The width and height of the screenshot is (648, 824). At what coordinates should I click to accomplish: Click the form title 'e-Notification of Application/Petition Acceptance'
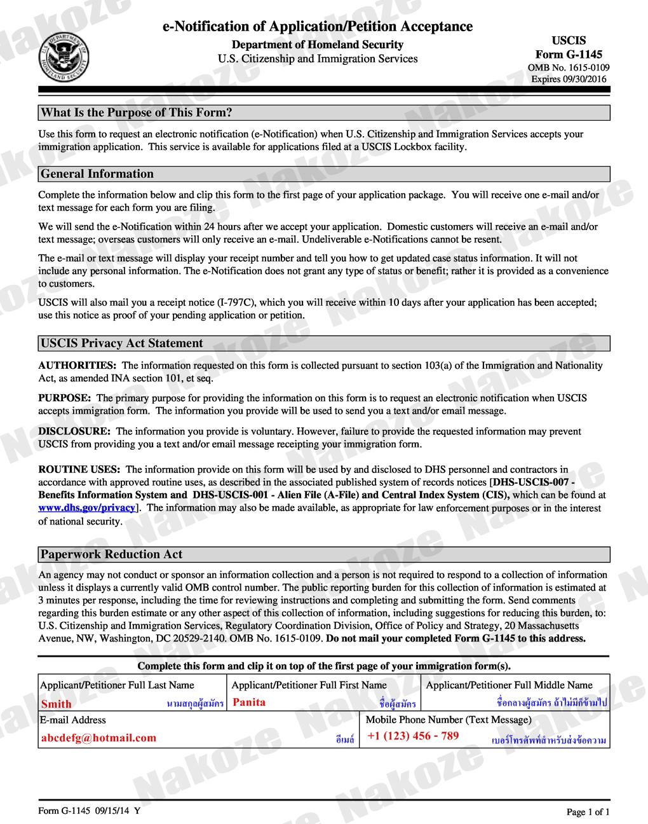coord(318,26)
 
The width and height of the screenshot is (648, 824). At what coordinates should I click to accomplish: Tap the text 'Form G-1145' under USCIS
coord(569,55)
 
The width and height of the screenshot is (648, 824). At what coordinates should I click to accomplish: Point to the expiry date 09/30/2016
coord(569,79)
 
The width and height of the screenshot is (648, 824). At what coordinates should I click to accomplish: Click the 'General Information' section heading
coord(97,174)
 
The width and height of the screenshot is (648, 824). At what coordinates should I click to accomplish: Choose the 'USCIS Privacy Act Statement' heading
coord(122,343)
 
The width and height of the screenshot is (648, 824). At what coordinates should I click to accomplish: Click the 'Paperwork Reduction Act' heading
coord(112,554)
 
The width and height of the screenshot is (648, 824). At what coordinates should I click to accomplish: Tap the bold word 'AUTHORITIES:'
coord(78,366)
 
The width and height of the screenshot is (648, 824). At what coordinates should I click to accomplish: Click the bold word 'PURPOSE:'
coord(64,398)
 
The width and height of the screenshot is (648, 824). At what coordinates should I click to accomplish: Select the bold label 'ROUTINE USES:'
coord(79,470)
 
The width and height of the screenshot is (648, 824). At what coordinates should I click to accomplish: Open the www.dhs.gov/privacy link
coord(87,507)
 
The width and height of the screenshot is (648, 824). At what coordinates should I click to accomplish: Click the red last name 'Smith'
coord(57,704)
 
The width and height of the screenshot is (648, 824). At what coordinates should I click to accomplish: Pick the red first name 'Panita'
coord(249,703)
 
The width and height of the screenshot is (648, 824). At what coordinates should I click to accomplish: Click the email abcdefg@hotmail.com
coord(98,738)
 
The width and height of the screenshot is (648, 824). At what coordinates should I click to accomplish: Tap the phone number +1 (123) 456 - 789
coord(413,736)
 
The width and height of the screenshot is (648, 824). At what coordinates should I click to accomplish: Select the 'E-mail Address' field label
coord(73,720)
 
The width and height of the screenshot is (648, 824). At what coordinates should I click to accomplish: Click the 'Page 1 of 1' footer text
coord(588,812)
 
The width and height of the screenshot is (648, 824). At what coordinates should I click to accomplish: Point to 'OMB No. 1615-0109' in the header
coord(569,67)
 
